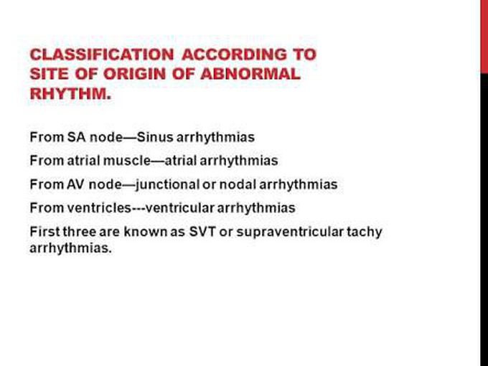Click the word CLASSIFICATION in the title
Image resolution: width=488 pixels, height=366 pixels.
pos(102,55)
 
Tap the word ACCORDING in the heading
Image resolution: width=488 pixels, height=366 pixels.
pos(235,55)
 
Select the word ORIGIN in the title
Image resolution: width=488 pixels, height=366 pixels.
pos(134,74)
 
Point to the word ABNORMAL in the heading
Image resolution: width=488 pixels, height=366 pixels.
pos(250,74)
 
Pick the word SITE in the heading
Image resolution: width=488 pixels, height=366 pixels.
pos(50,74)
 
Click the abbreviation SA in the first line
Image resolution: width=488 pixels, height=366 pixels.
pos(77,137)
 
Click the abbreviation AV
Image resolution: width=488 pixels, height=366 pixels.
pos(75,184)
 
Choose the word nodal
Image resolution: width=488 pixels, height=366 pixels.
pos(238,184)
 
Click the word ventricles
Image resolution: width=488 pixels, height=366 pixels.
pos(99,208)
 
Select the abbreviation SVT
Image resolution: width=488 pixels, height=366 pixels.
pos(202,232)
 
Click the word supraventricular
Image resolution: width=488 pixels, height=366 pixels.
pos(290,233)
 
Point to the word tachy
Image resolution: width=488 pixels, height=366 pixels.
pos(365,233)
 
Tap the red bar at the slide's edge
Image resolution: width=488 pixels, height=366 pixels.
pos(484,37)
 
